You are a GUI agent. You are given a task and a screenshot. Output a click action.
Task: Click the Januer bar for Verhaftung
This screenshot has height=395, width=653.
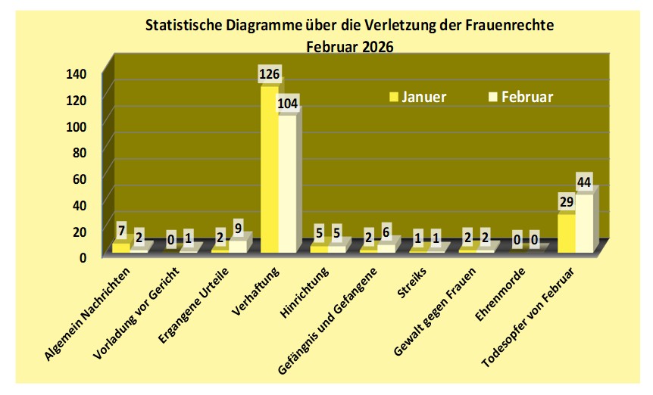tap(269, 170)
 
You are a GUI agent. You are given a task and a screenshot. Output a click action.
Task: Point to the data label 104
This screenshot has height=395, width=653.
tap(289, 102)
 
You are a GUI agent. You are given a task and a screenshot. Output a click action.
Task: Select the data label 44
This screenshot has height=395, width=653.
tap(583, 182)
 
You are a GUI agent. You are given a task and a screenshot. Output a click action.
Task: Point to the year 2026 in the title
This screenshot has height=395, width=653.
tap(376, 45)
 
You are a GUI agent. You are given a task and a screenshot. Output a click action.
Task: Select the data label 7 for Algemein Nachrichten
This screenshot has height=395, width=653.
tap(121, 229)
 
